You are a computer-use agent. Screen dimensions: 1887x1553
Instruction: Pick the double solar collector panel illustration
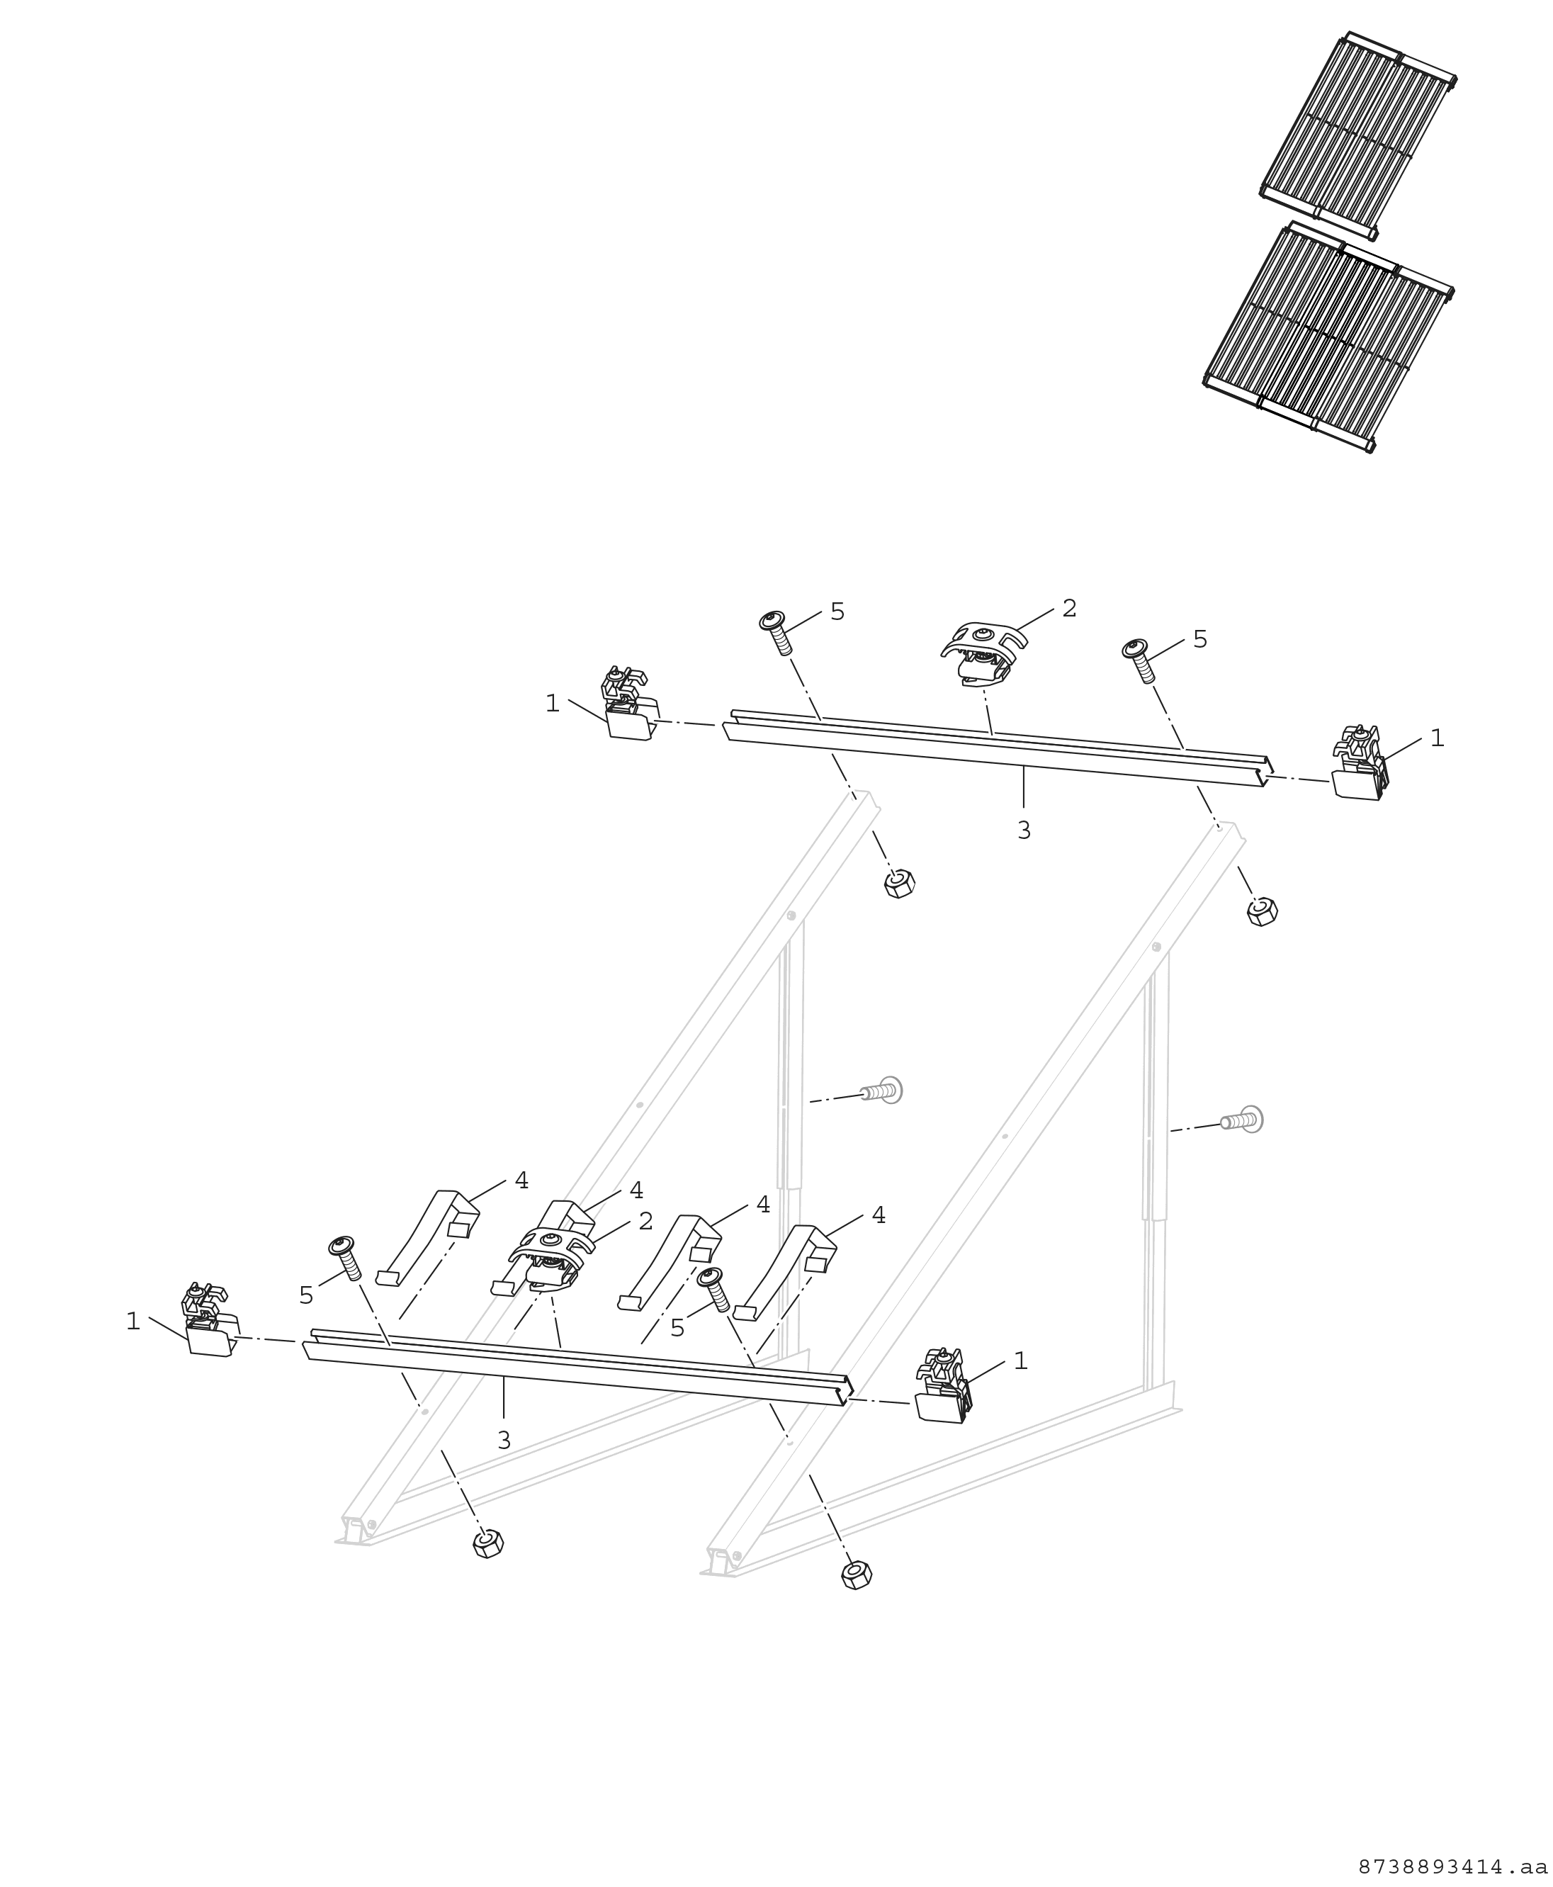[1328, 337]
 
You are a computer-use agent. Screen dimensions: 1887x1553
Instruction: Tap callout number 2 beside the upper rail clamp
[1069, 609]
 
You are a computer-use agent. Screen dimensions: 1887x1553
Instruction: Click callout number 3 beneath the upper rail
[1023, 830]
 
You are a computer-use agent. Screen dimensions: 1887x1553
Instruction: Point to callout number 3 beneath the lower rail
[504, 1441]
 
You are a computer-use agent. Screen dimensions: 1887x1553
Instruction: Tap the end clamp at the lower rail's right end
[943, 1386]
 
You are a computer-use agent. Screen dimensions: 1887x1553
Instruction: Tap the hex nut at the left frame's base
[487, 1543]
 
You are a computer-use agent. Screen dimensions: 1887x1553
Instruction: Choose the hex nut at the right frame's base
[856, 1575]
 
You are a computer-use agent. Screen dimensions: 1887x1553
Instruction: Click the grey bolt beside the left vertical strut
[882, 1091]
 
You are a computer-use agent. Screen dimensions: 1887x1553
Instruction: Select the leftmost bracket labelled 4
[429, 1236]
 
